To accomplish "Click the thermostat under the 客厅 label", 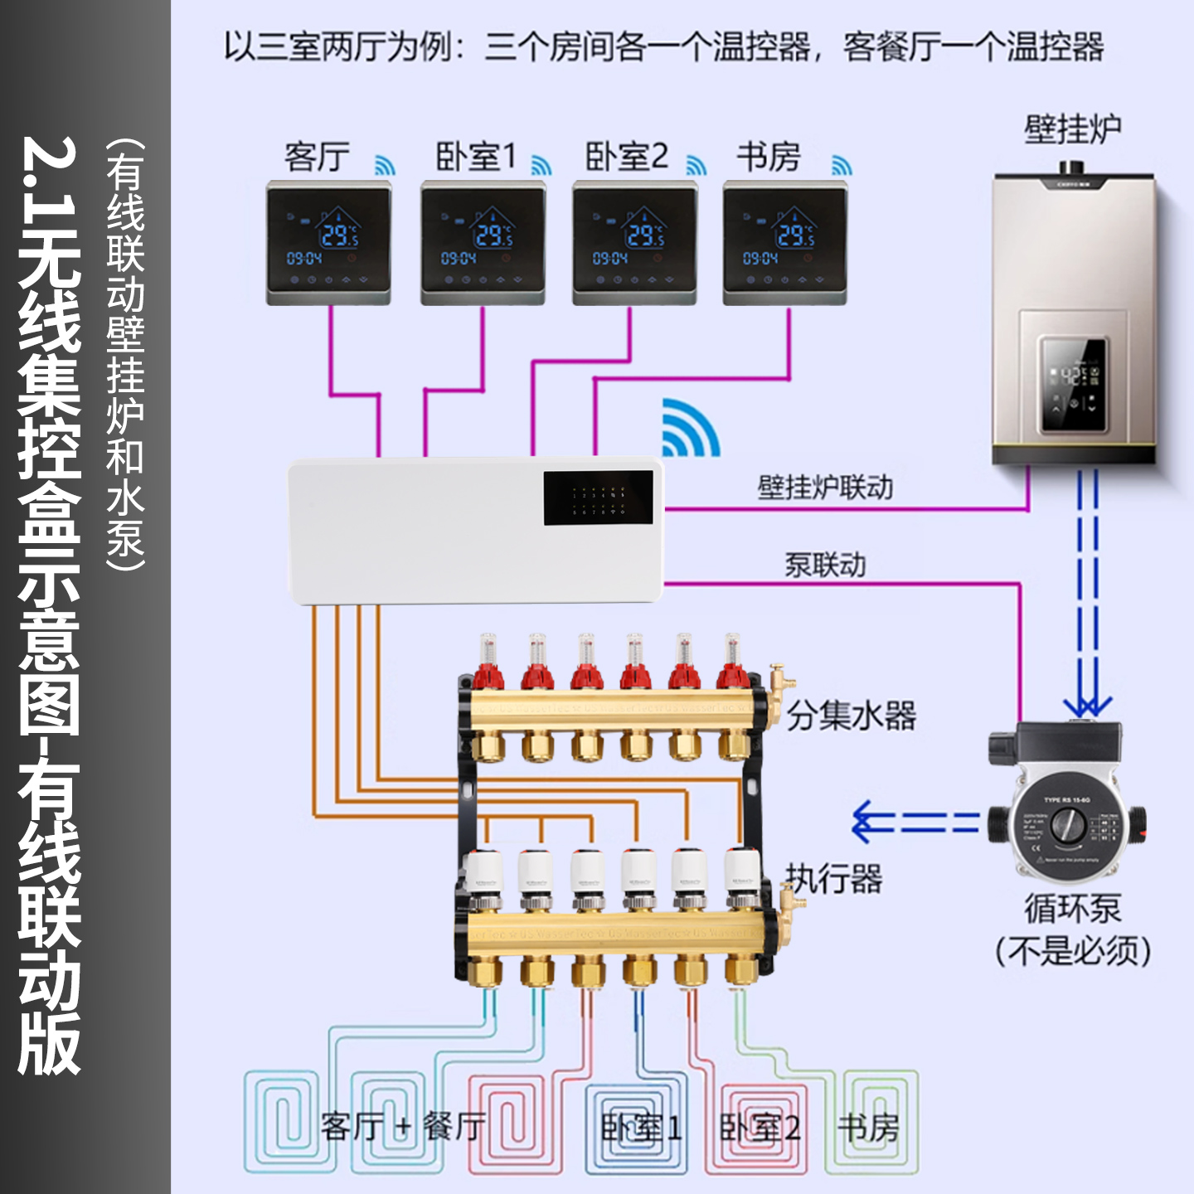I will [328, 243].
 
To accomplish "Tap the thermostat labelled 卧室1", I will [483, 243].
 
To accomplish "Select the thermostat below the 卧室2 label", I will [635, 243].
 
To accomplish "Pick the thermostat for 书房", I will [785, 243].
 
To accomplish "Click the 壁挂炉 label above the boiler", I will [1072, 130].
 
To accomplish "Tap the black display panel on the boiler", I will [1075, 385].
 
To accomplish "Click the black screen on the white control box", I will [598, 498].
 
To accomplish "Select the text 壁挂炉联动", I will [825, 488].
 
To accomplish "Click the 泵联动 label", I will [825, 565].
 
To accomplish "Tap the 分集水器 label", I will [852, 716].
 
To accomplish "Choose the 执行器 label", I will [834, 879].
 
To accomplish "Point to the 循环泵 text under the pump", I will [1073, 909].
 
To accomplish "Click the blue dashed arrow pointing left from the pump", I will [915, 822].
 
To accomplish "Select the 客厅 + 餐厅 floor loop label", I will [403, 1128].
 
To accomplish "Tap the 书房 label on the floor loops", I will [868, 1128].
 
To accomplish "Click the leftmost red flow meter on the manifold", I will [488, 663].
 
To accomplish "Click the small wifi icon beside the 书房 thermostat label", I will [842, 165].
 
